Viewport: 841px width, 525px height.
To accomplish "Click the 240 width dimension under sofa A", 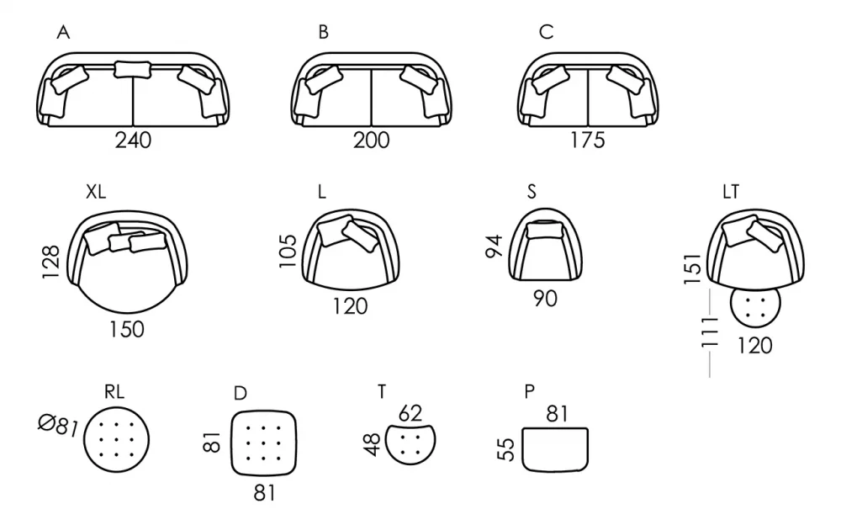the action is point(133,141).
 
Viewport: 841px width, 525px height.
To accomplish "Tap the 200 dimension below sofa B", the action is point(371,141).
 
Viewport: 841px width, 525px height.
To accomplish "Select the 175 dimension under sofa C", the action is point(588,141).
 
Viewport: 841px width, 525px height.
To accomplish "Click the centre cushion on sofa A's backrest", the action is point(133,69).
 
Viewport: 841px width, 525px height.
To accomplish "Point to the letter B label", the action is point(323,32).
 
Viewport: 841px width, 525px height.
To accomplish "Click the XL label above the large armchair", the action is point(96,192).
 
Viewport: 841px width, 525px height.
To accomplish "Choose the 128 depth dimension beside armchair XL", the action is point(51,262).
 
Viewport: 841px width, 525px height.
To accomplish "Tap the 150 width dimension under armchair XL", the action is point(127,329).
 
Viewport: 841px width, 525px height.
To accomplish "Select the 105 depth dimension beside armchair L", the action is point(288,250).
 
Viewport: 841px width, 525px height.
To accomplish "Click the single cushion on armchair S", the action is point(545,231).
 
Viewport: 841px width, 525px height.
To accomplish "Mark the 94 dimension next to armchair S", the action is point(494,246).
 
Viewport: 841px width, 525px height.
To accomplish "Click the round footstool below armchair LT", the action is point(755,303).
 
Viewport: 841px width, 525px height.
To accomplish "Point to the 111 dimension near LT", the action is point(710,331).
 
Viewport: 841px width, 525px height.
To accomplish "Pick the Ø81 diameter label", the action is point(58,425).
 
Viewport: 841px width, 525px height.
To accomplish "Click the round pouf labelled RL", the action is point(116,440).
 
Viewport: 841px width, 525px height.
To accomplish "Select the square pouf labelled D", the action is point(264,443).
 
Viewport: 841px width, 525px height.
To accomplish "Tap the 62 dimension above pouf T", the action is point(410,413).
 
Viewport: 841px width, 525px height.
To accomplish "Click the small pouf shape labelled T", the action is point(410,443).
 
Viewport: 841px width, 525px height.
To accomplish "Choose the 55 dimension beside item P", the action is point(505,449).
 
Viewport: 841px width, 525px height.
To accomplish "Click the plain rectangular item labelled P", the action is point(555,449).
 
